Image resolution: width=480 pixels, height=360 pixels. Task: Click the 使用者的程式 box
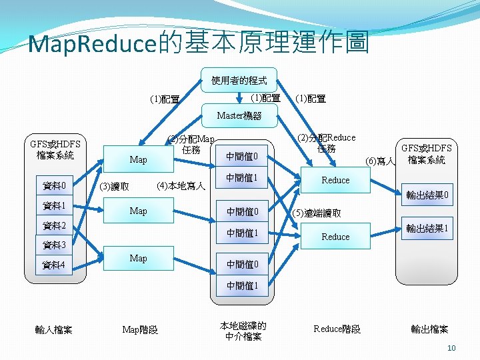tap(239, 80)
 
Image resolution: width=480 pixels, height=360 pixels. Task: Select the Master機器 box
tap(239, 116)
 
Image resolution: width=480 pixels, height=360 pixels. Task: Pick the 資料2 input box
tap(54, 225)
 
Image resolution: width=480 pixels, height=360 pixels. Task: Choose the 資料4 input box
tap(54, 265)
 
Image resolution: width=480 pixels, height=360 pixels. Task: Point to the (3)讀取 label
tap(115, 187)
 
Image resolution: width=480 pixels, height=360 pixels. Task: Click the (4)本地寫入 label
tap(180, 185)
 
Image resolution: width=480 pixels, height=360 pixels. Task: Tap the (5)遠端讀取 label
tap(317, 213)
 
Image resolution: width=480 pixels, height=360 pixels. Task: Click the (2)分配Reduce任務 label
tap(326, 143)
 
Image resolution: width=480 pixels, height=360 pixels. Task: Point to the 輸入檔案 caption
tap(54, 329)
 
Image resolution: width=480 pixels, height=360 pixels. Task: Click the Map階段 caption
tap(140, 329)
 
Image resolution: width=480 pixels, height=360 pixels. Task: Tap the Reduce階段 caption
tap(337, 329)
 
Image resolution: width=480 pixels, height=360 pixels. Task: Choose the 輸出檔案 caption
tap(429, 329)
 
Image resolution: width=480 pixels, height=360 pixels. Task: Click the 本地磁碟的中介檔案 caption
tap(243, 331)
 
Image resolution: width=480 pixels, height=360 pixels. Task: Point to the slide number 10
tap(451, 348)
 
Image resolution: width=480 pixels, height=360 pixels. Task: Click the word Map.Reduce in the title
tap(93, 45)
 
